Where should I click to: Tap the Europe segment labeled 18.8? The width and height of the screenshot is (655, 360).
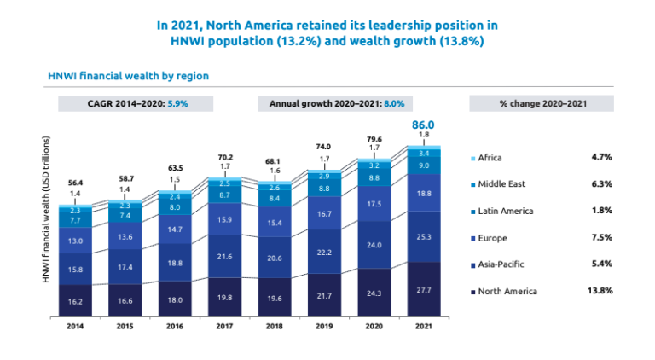pos(423,194)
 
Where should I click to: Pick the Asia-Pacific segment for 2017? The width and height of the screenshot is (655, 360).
pos(225,256)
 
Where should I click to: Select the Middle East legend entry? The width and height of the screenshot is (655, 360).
pos(501,184)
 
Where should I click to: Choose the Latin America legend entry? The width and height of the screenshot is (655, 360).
pos(506,211)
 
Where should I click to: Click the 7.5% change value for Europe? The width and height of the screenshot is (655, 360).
pos(601,237)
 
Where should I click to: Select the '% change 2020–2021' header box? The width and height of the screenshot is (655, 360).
pos(541,103)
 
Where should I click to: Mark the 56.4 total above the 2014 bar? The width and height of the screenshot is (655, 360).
pos(75,183)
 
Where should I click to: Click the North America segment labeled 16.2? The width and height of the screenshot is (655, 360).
pos(77,301)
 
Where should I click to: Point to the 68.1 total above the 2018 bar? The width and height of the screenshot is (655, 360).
pos(275,160)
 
